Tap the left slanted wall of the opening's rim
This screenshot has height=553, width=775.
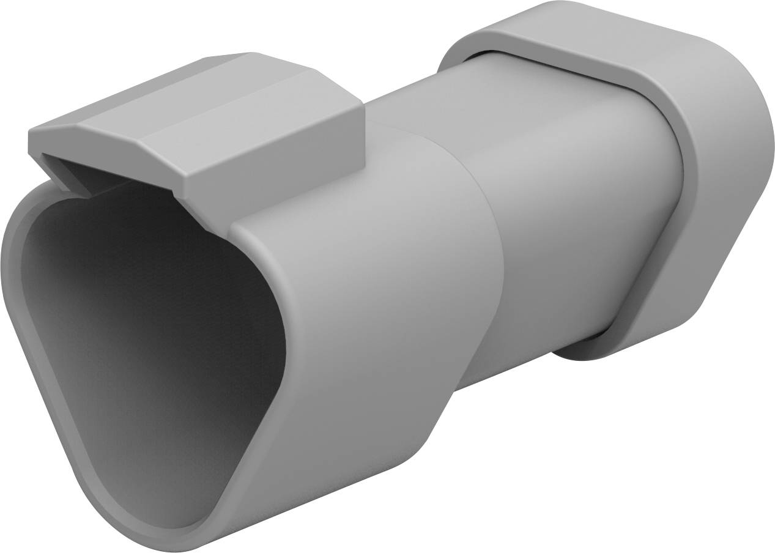pyautogui.click(x=49, y=392)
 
